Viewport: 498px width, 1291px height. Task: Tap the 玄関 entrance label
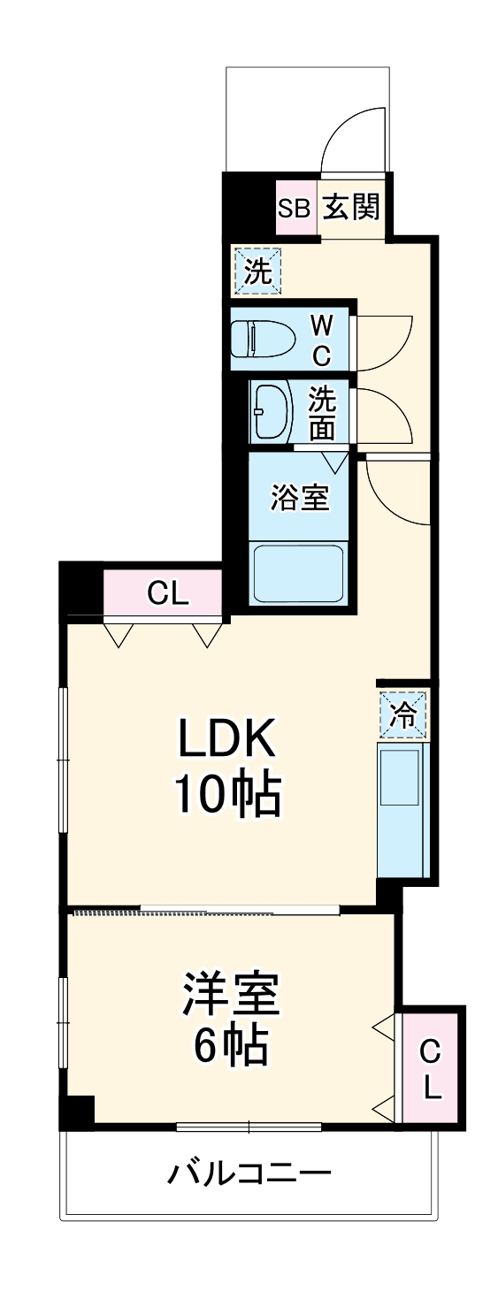[x=351, y=208]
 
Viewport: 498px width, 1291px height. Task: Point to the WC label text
[x=320, y=340]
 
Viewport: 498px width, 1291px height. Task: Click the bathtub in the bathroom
[x=298, y=574]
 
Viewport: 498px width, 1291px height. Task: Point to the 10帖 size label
[x=226, y=796]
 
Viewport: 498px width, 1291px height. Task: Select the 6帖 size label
[x=232, y=1048]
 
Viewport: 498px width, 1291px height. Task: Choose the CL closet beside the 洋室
[x=430, y=1068]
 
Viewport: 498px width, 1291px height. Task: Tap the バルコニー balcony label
[x=250, y=1174]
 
